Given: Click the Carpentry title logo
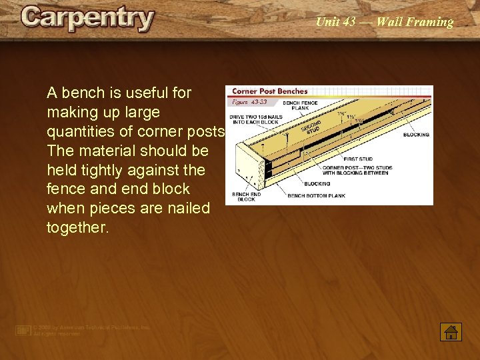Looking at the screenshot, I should point(87,18).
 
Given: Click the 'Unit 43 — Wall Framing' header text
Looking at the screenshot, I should point(384,22).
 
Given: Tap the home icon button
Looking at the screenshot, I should point(451,331).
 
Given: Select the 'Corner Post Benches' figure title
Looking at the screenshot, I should point(270,91).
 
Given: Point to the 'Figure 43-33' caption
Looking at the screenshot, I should point(249,102).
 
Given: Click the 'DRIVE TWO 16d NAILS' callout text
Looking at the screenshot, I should point(256,120).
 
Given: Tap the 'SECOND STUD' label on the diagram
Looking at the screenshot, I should point(311,127).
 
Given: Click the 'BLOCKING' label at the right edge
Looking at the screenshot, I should point(416,135).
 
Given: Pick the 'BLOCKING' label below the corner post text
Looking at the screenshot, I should point(317,183).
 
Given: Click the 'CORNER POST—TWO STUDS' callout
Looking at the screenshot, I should point(358,171).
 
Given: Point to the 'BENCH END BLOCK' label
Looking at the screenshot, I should point(246,197).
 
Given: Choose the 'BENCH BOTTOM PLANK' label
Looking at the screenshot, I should point(317,196).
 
